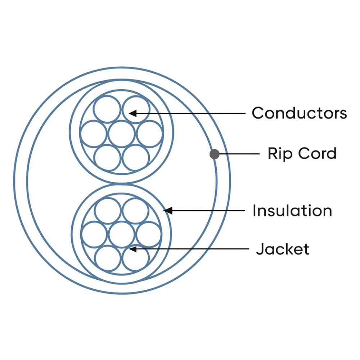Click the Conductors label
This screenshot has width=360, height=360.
pyautogui.click(x=299, y=113)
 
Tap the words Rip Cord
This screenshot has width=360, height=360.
pyautogui.click(x=302, y=153)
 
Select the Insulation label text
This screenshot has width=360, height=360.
pyautogui.click(x=292, y=211)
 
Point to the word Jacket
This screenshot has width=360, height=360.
pyautogui.click(x=283, y=249)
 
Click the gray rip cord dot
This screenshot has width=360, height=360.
pyautogui.click(x=215, y=154)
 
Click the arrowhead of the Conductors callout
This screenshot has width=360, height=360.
pyautogui.click(x=132, y=113)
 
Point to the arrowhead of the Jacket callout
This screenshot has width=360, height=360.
pyautogui.click(x=132, y=249)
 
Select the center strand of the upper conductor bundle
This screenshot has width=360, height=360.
pyautogui.click(x=121, y=134)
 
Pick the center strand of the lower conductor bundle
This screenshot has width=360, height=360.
pyautogui.click(x=121, y=234)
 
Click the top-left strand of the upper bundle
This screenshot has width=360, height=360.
pyautogui.click(x=107, y=109)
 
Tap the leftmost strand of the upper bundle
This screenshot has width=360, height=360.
pyautogui.click(x=94, y=134)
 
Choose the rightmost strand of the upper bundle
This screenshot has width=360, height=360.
pyautogui.click(x=149, y=134)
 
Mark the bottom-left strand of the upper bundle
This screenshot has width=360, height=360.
pyautogui.click(x=107, y=158)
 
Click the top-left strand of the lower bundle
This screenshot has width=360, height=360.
pyautogui.click(x=108, y=211)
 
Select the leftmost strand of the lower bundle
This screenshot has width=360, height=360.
pyautogui.click(x=94, y=234)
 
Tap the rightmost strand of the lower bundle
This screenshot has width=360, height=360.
pyautogui.click(x=149, y=234)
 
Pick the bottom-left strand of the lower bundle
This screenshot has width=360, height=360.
pyautogui.click(x=108, y=258)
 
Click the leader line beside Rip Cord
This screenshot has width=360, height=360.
pyautogui.click(x=239, y=154)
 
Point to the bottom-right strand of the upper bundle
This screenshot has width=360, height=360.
pyautogui.click(x=136, y=158)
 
